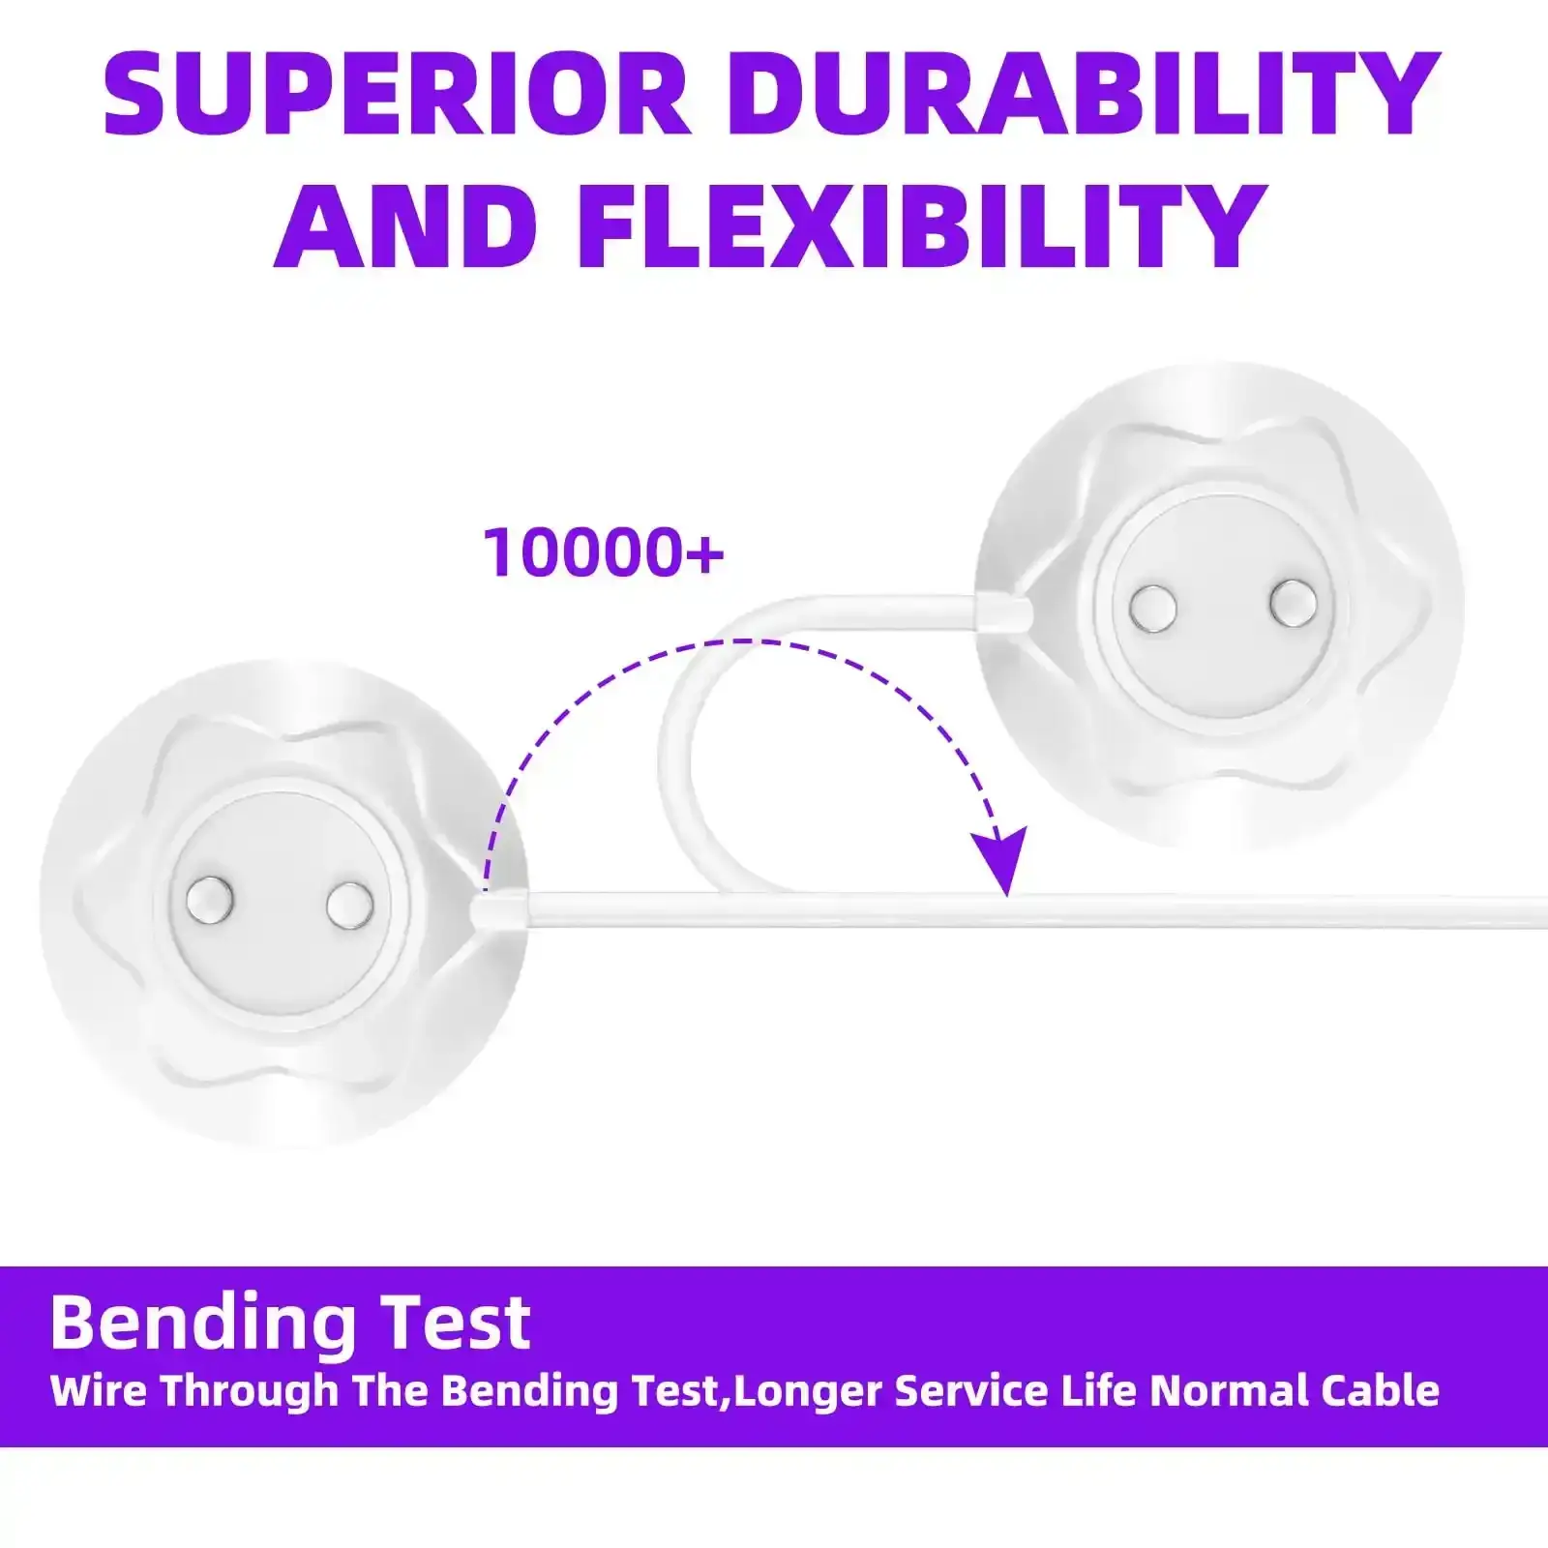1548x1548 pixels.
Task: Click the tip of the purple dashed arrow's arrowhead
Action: coord(1007,896)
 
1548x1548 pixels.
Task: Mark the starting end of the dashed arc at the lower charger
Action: coord(486,887)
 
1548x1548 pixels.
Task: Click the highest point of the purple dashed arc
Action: coord(764,640)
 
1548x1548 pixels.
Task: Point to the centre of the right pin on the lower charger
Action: coord(349,905)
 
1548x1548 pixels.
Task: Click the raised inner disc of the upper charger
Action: coord(1223,608)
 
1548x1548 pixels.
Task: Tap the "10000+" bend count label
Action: coord(604,553)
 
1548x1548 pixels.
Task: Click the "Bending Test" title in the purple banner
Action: coord(290,1323)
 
